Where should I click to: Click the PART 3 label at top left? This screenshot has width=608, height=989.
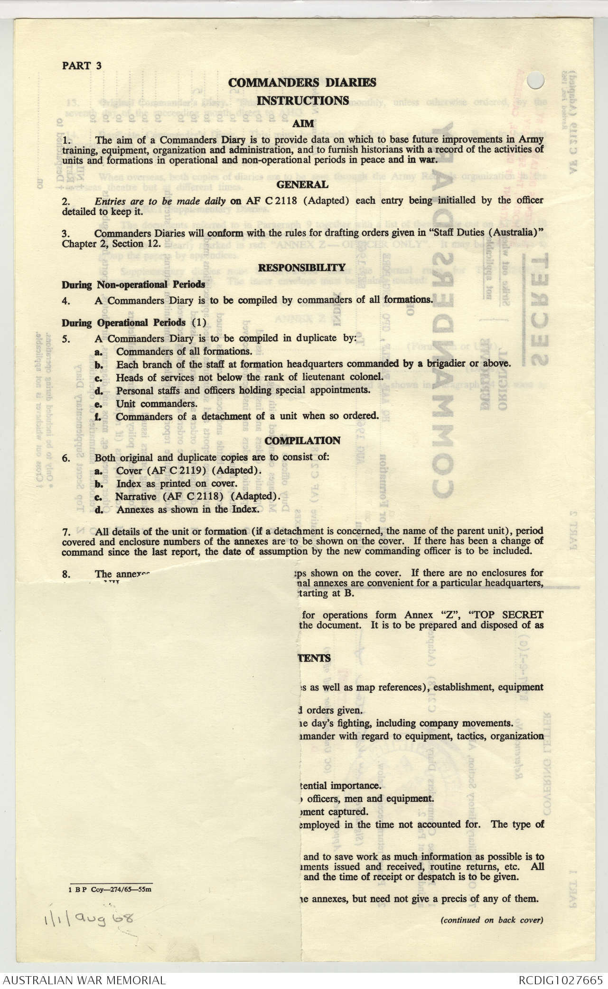point(82,66)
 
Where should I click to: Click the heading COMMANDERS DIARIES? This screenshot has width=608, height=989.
point(302,83)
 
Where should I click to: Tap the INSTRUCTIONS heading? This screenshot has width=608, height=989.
point(303,100)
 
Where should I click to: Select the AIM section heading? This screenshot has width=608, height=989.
point(303,123)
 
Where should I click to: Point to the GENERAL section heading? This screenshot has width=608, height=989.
point(302,184)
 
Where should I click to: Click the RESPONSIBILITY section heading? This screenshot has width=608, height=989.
point(302,268)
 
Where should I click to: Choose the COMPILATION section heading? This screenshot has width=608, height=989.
point(302,441)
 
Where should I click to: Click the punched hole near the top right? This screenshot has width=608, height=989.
point(536,80)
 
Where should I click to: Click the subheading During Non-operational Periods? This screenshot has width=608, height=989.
point(133,285)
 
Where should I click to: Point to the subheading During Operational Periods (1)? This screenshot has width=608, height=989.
point(134,323)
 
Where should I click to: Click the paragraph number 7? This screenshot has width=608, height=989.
point(66,531)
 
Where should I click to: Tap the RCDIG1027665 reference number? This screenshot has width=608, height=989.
point(560,980)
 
